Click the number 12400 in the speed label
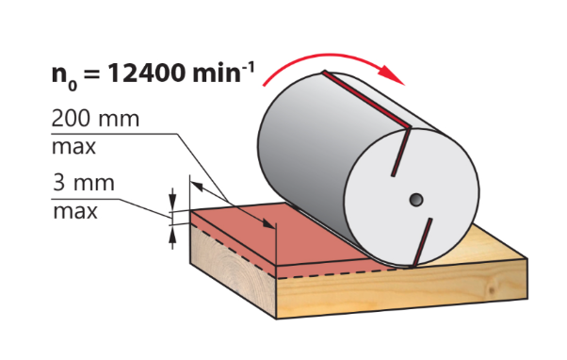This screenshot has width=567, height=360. (x=147, y=73)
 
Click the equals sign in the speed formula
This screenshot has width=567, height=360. (x=92, y=74)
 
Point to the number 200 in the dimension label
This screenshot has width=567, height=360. (x=69, y=118)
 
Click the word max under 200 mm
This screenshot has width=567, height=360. (x=73, y=146)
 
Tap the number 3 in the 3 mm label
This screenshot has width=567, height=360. (x=59, y=182)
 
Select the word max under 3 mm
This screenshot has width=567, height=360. (x=75, y=211)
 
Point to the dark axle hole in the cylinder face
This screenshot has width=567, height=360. (x=416, y=199)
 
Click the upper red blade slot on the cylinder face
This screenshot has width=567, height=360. (x=401, y=152)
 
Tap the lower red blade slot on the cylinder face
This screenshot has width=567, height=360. (x=422, y=241)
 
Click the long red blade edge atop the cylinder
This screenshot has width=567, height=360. (x=367, y=99)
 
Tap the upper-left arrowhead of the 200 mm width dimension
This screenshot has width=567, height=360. (x=196, y=187)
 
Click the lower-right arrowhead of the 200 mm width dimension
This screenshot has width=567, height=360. (x=269, y=224)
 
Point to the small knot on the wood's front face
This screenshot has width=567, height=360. (x=491, y=290)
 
